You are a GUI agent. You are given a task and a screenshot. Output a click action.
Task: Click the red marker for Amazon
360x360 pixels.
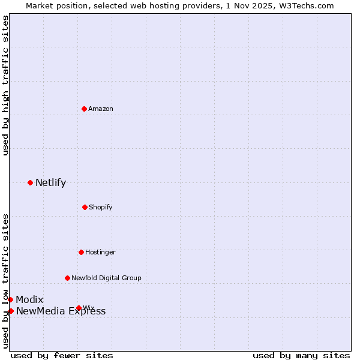[84, 109]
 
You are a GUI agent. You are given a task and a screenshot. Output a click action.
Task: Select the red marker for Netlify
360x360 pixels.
[30, 182]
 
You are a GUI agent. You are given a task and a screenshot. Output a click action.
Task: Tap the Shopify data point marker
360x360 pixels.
[85, 207]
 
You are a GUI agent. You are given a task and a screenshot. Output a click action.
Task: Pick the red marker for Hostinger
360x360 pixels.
[81, 252]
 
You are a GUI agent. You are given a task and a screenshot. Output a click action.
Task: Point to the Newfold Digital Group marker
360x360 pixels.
[67, 278]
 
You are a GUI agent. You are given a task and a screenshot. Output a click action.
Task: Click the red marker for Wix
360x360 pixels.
[79, 308]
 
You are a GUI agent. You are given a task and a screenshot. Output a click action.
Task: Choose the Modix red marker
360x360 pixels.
[10, 299]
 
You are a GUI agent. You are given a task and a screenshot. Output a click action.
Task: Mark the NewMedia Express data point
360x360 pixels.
[11, 311]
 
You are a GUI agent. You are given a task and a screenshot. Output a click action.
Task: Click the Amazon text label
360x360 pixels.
[101, 109]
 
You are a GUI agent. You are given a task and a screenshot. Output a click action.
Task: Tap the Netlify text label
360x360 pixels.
[50, 182]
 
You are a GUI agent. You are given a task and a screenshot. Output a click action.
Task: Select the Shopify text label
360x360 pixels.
[101, 207]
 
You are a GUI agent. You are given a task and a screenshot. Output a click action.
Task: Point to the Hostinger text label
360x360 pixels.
[100, 252]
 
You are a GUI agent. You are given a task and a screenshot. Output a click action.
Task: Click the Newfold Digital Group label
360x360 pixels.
[106, 278]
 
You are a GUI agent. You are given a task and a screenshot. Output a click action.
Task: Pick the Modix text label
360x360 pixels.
[29, 299]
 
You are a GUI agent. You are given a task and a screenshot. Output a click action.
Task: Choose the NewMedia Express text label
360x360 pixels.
[61, 311]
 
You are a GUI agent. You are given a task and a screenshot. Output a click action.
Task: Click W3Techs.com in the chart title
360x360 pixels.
[309, 5]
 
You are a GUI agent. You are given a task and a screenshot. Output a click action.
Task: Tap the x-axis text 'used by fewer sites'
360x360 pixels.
[62, 355]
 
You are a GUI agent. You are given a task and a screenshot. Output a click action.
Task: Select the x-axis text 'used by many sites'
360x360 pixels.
[301, 355]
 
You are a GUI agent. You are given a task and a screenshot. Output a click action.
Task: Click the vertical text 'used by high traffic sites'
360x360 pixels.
[5, 85]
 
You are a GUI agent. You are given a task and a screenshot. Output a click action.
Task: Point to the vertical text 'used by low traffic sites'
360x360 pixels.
[5, 281]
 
